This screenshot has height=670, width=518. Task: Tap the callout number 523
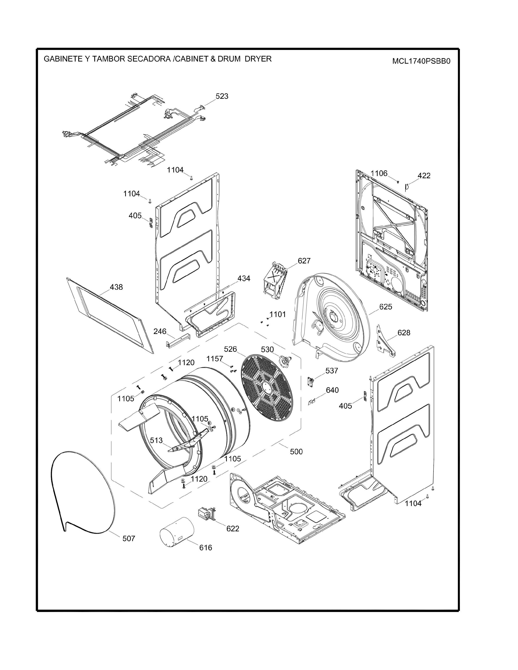222,96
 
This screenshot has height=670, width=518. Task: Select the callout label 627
304,261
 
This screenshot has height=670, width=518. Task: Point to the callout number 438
116,287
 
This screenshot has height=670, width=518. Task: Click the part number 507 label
129,538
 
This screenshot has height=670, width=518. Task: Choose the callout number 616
206,548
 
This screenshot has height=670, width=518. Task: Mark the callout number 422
424,176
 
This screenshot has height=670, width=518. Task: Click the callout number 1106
379,174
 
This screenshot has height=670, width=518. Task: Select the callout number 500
296,452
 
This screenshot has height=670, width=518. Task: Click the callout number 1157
215,359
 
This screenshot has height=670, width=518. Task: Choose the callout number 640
332,390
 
